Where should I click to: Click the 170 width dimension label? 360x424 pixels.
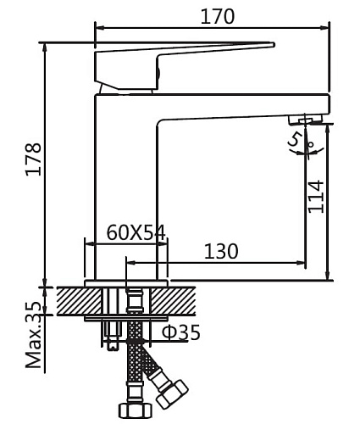(218, 16)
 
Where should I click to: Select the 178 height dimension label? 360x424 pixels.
(34, 159)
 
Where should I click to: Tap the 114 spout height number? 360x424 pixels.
(316, 197)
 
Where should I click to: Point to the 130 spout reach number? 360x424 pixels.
(221, 251)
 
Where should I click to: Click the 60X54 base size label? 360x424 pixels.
(136, 233)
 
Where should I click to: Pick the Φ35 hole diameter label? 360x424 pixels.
(181, 332)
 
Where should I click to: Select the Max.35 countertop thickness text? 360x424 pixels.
(34, 335)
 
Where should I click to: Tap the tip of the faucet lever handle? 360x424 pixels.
(274, 44)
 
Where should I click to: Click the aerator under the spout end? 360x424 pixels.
(305, 120)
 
